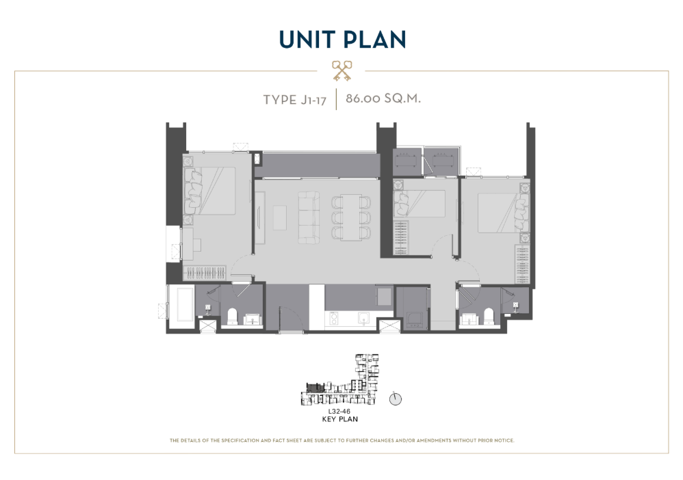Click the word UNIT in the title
click(309, 39)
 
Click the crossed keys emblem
click(342, 71)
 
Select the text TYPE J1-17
click(294, 100)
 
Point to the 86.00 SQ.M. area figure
click(383, 98)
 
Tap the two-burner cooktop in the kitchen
click(334, 319)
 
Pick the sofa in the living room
click(309, 217)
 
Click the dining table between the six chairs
click(350, 217)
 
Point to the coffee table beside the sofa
click(280, 217)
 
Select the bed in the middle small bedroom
click(419, 203)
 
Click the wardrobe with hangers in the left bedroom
click(205, 272)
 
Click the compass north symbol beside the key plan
click(395, 399)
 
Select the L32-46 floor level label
click(339, 411)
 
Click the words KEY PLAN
click(339, 419)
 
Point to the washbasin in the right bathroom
click(469, 319)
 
